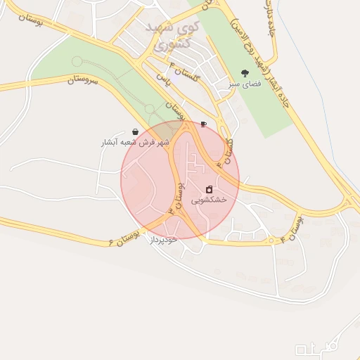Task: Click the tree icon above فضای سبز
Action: (245, 72)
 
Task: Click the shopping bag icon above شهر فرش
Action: (135, 131)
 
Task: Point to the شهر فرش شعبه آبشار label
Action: (135, 143)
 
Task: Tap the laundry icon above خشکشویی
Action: (209, 189)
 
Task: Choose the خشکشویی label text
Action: (209, 200)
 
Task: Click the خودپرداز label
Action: (163, 240)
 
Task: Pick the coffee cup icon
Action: (203, 124)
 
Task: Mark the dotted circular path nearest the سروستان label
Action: (77, 62)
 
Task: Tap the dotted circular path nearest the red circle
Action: (149, 108)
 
